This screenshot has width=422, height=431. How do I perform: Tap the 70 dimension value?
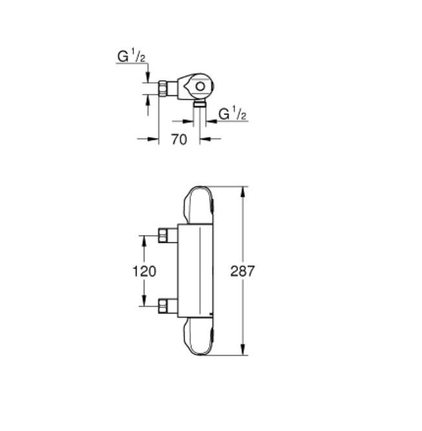179,138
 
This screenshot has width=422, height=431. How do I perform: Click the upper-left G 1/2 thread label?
133,58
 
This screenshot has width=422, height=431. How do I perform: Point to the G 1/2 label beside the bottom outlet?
233,114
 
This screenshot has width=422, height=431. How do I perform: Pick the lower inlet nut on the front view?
166,305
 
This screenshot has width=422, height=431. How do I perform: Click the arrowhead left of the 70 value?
155,138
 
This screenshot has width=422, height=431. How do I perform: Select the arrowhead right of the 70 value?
205,138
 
